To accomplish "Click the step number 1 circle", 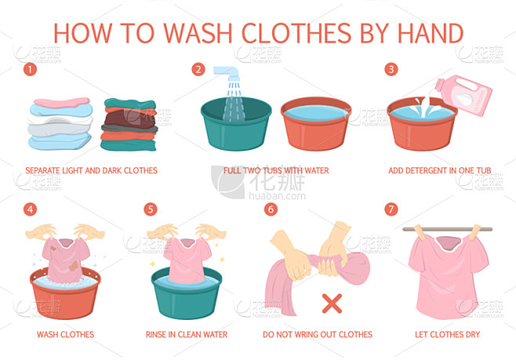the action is [30, 69].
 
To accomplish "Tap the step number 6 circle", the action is [271, 209].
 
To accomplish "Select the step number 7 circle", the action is [391, 209].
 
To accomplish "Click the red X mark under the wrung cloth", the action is [332, 304].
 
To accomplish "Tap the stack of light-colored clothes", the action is [60, 123].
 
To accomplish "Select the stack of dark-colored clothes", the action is [129, 125].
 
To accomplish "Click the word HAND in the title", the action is [431, 33].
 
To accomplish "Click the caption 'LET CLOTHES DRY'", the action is [447, 334].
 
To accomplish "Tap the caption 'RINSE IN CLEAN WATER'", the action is [187, 334].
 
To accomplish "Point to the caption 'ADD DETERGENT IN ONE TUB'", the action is [440, 170].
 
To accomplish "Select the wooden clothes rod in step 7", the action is [448, 229].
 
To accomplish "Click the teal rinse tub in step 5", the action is [187, 293].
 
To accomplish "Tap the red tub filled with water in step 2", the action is [316, 123].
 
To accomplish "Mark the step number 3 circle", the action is [391, 69].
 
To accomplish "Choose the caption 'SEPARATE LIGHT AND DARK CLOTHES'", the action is [92, 170].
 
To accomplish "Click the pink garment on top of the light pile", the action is [62, 102].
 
